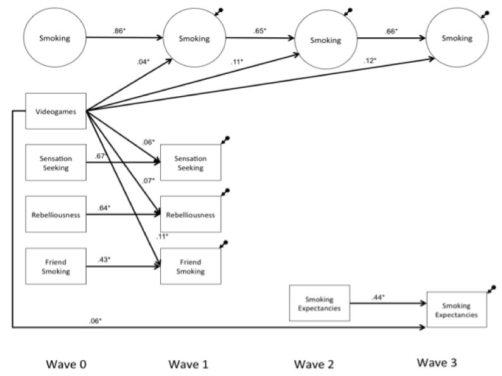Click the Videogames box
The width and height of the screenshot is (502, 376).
tap(56, 111)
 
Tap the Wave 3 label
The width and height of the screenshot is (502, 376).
tap(438, 363)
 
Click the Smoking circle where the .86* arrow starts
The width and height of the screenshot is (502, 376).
tap(55, 39)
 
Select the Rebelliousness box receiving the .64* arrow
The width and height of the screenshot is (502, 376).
tap(191, 215)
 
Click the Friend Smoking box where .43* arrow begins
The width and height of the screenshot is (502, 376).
tap(56, 266)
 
